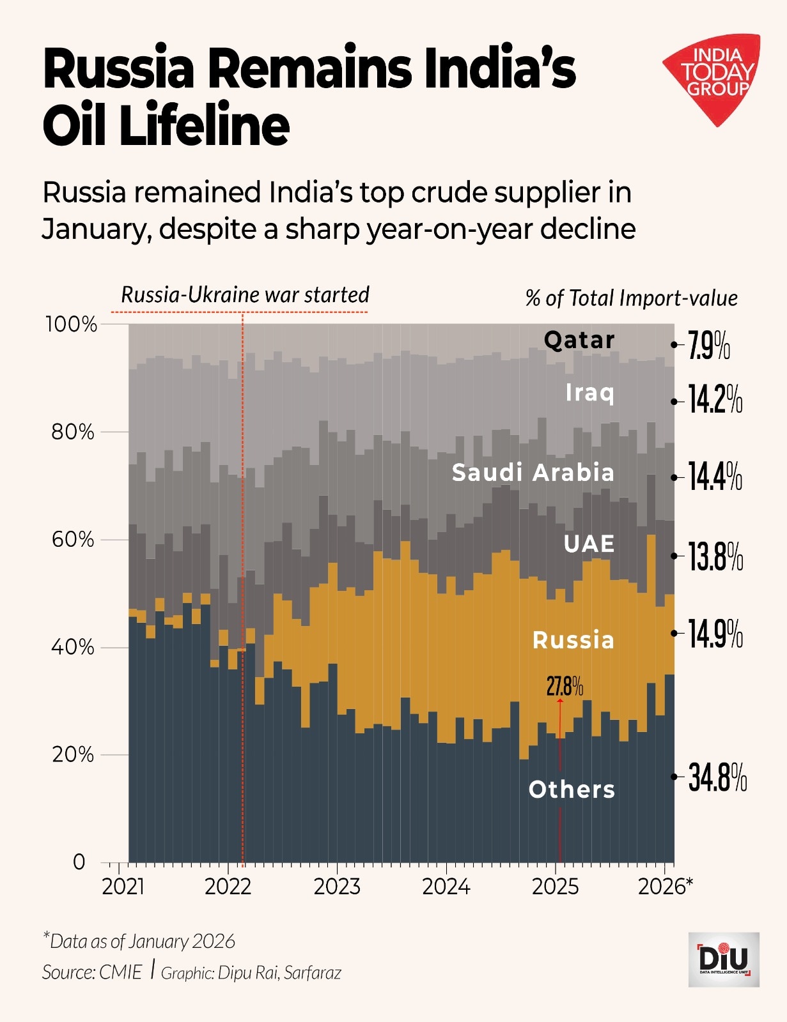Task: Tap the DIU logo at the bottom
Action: point(724,959)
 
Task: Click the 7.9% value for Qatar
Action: point(708,346)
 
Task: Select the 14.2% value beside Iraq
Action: point(715,400)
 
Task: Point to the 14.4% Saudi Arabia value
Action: point(715,477)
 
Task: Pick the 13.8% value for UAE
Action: point(715,556)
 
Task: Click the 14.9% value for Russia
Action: point(715,634)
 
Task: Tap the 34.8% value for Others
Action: point(717,777)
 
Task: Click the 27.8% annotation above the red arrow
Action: point(565,687)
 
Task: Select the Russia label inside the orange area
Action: point(573,640)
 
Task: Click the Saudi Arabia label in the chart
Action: point(533,473)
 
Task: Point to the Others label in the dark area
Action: point(572,790)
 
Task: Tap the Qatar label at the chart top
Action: point(579,340)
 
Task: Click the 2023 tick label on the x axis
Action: point(337,887)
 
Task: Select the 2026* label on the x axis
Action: point(665,887)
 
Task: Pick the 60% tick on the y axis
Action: point(72,540)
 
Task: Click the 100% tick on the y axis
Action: point(70,324)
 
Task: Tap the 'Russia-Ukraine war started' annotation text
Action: point(245,295)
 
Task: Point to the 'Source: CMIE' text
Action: point(91,972)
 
